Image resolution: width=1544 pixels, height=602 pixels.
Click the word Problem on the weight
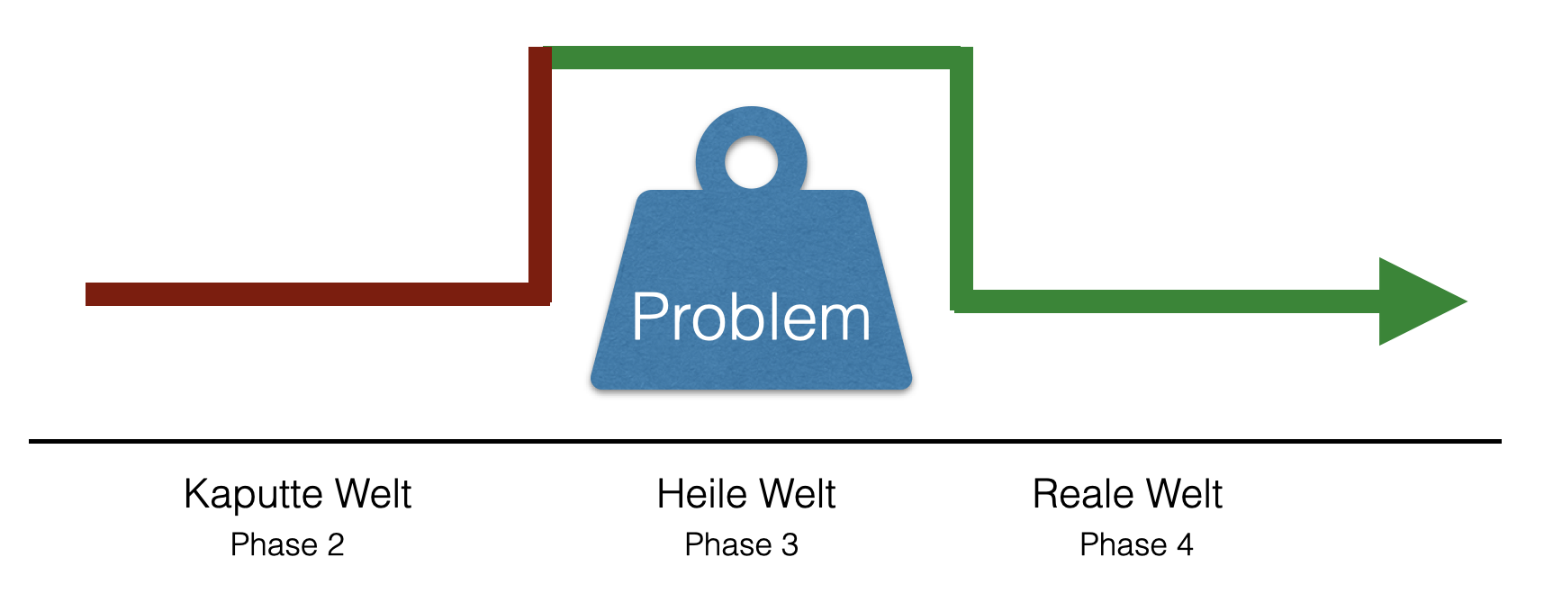tap(751, 318)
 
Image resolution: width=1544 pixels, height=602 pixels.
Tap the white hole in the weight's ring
tap(751, 163)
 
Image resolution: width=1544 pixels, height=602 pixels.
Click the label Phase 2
tap(287, 544)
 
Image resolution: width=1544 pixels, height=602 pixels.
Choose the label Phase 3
tap(741, 544)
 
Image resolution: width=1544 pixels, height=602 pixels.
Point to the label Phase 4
tap(1136, 544)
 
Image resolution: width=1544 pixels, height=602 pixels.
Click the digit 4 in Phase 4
tap(1185, 544)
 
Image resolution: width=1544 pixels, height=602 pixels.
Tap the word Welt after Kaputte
tap(373, 494)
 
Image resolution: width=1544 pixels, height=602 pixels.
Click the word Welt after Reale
tap(1183, 494)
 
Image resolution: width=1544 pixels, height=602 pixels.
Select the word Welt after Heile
tap(797, 494)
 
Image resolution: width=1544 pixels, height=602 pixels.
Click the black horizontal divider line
tap(765, 441)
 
